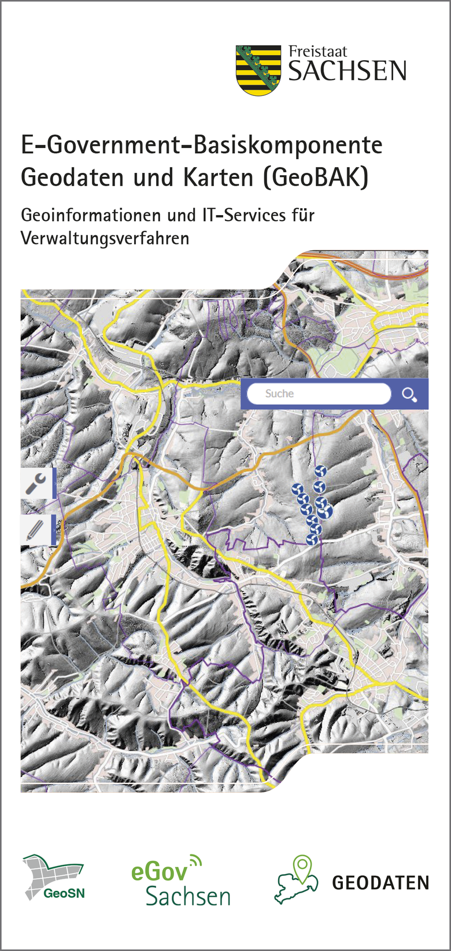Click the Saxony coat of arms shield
point(258,70)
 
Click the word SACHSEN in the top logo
point(347,72)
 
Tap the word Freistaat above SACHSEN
point(318,51)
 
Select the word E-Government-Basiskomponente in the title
point(201,145)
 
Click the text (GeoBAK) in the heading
point(316,177)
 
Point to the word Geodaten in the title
point(73,177)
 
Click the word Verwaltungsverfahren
point(105,238)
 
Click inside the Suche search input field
point(318,394)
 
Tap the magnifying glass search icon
point(409,394)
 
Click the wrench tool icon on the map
point(36,483)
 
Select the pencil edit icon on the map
point(36,529)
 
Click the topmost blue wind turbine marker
point(320,472)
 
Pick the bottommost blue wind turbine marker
point(312,539)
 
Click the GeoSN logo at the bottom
point(54,878)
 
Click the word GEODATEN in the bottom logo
point(380,883)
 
